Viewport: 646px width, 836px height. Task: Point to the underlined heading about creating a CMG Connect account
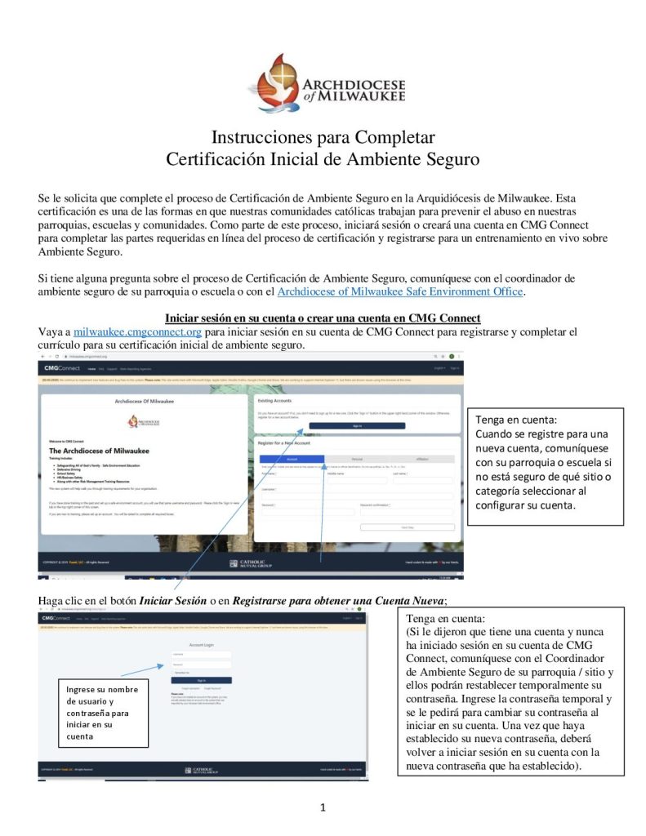pyautogui.click(x=300, y=317)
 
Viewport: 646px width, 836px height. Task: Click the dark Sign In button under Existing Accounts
pyautogui.click(x=358, y=425)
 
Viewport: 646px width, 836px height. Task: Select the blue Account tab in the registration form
pyautogui.click(x=292, y=459)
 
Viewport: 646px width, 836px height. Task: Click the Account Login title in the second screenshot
pyautogui.click(x=201, y=645)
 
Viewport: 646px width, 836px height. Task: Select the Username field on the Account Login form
pyautogui.click(x=201, y=654)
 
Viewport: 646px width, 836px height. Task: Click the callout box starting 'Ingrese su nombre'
pyautogui.click(x=103, y=713)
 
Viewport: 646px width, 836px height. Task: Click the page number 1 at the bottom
pyautogui.click(x=323, y=808)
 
